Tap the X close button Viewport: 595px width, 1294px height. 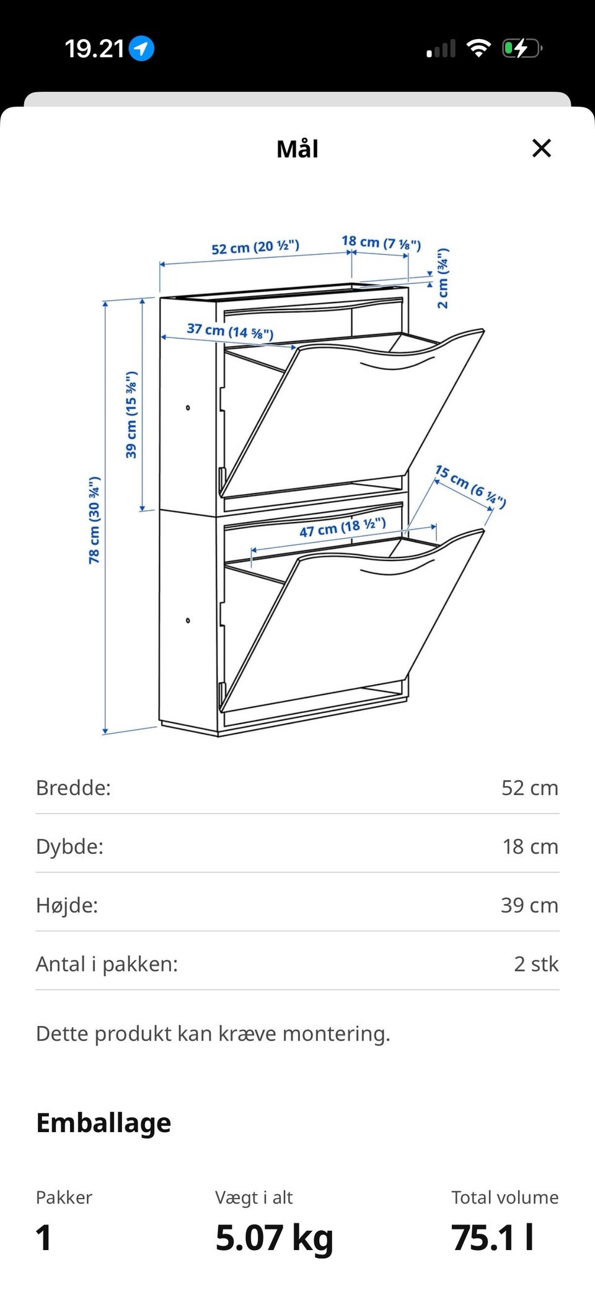coord(542,148)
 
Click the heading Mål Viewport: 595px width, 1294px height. coord(297,149)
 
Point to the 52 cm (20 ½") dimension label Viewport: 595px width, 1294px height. coord(255,247)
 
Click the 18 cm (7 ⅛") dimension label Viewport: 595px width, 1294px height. coord(381,242)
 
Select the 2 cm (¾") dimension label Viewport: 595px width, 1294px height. coord(443,278)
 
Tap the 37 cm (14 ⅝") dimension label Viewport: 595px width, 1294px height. coord(230,330)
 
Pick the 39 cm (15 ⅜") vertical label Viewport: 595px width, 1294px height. coord(131,415)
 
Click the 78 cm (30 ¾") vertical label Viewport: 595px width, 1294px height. coord(94,520)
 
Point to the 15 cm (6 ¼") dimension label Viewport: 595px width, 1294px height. coord(470,486)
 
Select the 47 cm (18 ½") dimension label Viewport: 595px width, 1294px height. coord(343,528)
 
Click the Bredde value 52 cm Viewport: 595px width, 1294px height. coord(530,787)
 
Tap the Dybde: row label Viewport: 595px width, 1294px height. coord(70,847)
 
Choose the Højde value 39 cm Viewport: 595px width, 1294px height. coord(530,905)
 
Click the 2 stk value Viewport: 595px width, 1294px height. coord(537,964)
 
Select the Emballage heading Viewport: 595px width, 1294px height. coord(104,1123)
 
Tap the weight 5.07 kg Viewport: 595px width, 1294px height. coord(275,1238)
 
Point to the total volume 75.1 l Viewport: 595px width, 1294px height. coord(493,1238)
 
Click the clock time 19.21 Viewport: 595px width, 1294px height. coord(95,48)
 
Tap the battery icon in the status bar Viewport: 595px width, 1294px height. coord(522,48)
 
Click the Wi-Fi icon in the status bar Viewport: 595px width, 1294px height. coord(478,48)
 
